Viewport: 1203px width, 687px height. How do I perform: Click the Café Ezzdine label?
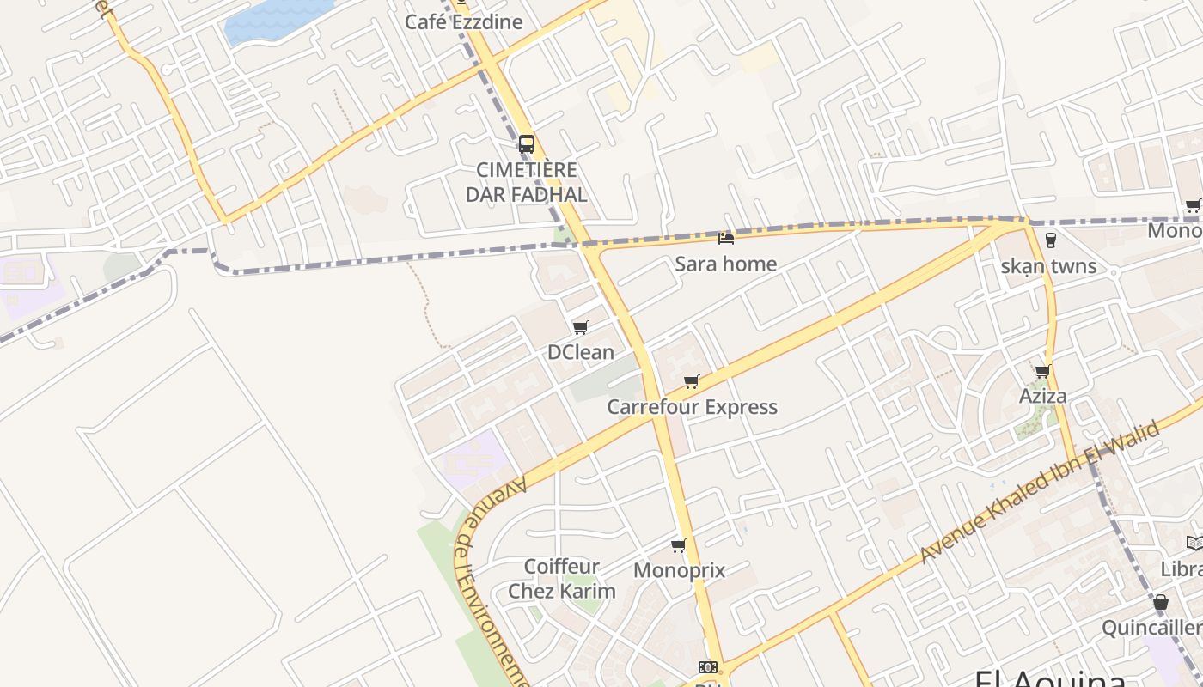point(463,21)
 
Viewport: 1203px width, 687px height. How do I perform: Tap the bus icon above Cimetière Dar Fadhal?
point(527,143)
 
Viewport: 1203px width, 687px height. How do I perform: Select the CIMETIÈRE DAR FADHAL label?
point(527,182)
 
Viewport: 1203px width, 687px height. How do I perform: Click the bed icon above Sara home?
point(726,238)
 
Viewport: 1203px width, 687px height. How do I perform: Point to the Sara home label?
point(725,264)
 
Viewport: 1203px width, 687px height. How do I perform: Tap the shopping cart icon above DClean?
point(581,327)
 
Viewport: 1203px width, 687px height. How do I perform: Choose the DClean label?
point(581,352)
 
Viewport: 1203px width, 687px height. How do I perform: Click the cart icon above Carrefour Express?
point(692,381)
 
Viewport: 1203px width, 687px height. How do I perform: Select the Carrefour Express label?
point(692,407)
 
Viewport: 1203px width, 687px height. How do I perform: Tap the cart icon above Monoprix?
point(679,545)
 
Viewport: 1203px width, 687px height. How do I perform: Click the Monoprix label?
point(679,570)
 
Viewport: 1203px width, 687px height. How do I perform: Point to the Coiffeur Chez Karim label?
point(562,579)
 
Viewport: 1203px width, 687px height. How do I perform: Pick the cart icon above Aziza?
point(1043,371)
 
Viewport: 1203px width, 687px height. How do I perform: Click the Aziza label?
point(1043,396)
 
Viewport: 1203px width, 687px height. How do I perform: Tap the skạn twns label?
point(1048,266)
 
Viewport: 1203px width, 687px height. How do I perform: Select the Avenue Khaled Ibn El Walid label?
point(1040,494)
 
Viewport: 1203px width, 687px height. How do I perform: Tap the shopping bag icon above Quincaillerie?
point(1161,602)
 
